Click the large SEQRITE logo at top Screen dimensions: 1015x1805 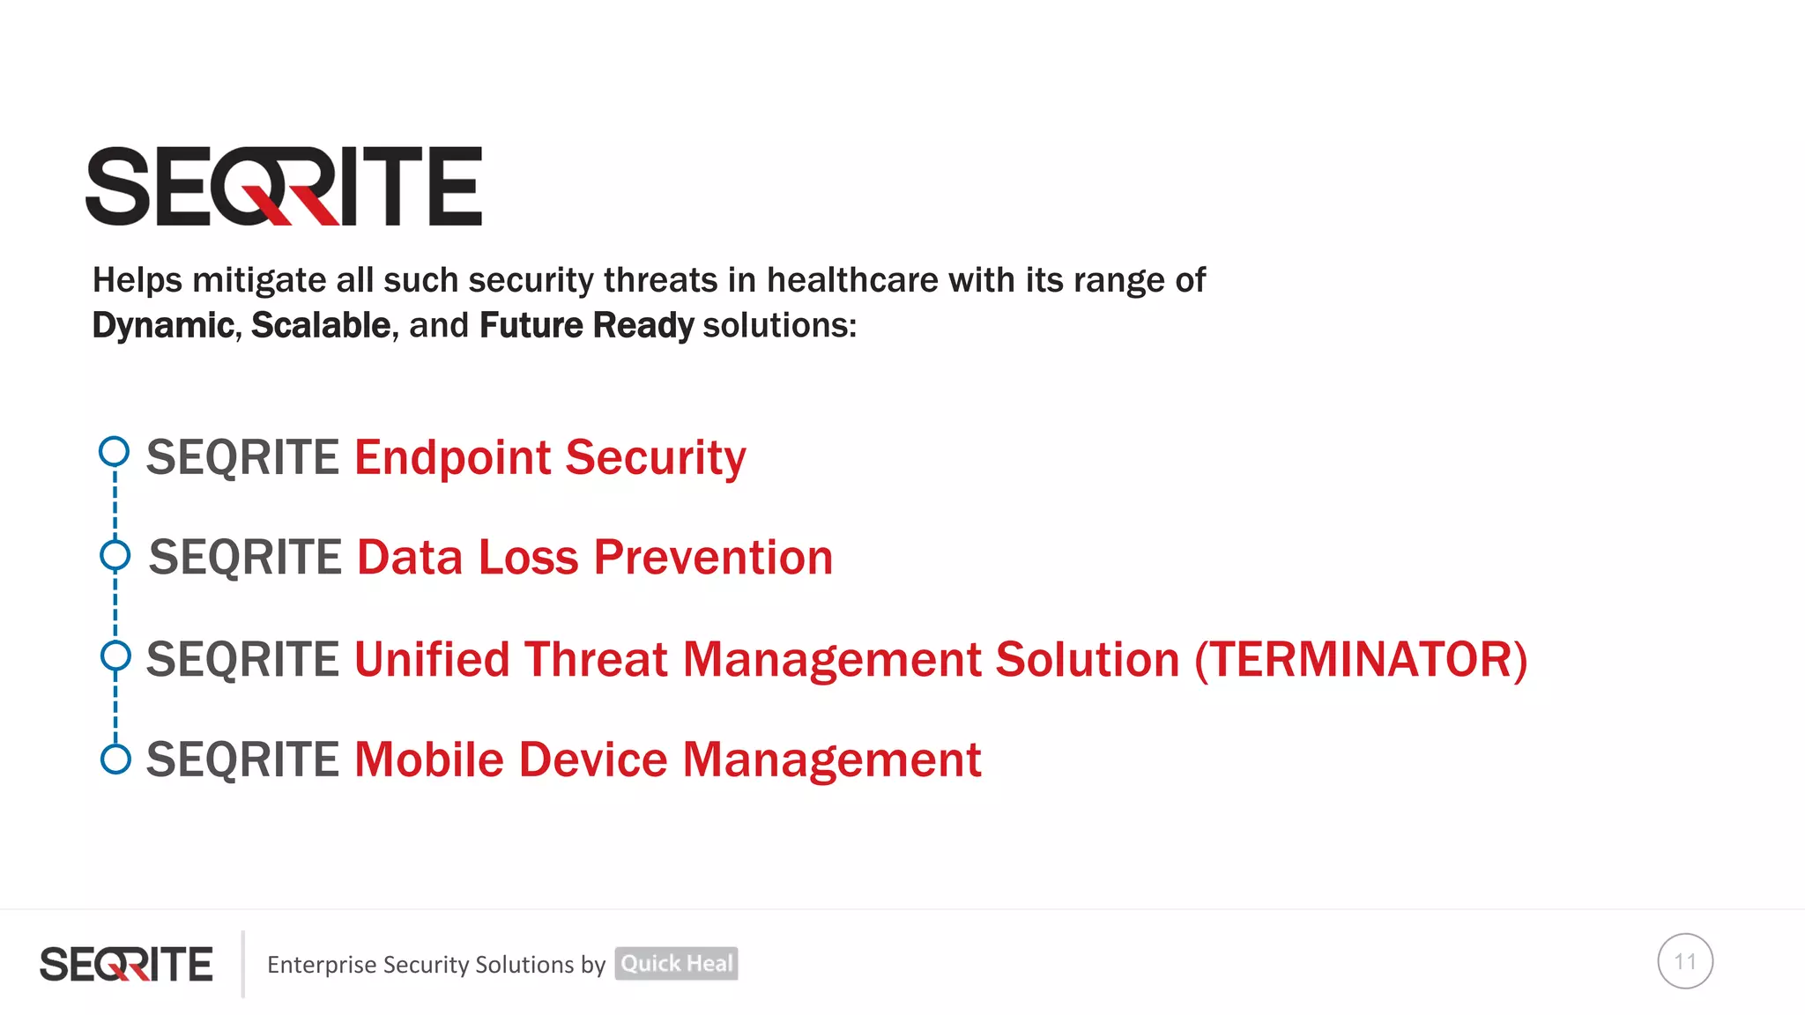(x=284, y=186)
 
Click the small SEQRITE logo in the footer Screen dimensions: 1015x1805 (x=126, y=964)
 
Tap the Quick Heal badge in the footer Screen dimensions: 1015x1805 (x=676, y=964)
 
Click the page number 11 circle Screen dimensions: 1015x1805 (x=1684, y=961)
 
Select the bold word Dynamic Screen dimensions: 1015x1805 (x=163, y=325)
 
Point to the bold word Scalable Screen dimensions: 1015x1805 (x=321, y=325)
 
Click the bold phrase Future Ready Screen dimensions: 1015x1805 (x=586, y=325)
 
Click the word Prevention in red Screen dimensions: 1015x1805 (x=713, y=558)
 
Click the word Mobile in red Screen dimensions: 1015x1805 (x=428, y=759)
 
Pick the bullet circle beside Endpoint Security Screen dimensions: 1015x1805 (x=114, y=452)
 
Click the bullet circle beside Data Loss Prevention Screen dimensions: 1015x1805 (x=115, y=555)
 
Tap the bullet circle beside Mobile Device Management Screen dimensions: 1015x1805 (x=115, y=759)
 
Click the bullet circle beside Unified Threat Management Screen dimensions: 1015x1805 (x=115, y=656)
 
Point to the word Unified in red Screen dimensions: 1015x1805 (x=432, y=659)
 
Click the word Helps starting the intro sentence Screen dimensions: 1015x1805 (x=137, y=280)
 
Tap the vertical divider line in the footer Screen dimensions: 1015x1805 (x=243, y=964)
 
